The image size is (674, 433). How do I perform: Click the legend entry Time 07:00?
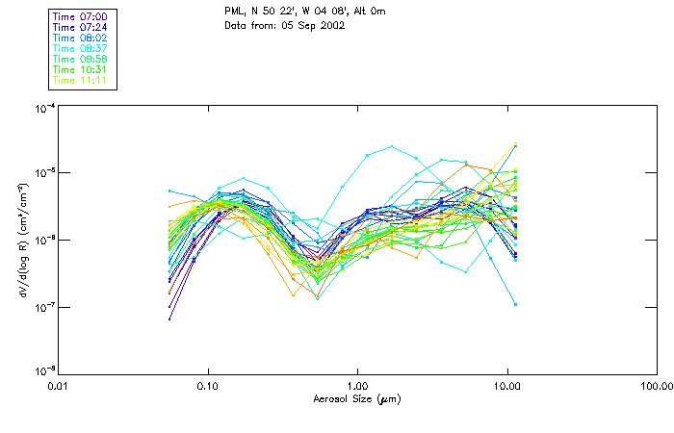[x=80, y=17]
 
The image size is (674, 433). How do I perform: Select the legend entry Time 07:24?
[x=80, y=28]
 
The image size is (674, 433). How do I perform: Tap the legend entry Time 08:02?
[x=80, y=38]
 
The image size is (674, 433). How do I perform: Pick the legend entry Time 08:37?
[x=80, y=48]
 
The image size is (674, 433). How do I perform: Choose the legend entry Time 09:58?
[x=80, y=59]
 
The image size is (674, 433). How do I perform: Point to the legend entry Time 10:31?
[x=80, y=69]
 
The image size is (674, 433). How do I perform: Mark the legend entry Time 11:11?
[x=80, y=80]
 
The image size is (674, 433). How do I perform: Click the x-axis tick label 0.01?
[x=59, y=387]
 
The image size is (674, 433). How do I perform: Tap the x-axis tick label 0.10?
[x=208, y=387]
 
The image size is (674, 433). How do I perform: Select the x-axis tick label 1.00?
[x=358, y=387]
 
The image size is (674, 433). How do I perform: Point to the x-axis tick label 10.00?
[x=507, y=387]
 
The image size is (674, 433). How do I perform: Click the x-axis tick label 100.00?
[x=656, y=387]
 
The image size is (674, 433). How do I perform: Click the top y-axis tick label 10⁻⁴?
[x=41, y=109]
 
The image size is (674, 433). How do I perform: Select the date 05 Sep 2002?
[x=313, y=25]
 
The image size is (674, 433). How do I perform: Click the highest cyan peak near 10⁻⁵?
[x=392, y=147]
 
